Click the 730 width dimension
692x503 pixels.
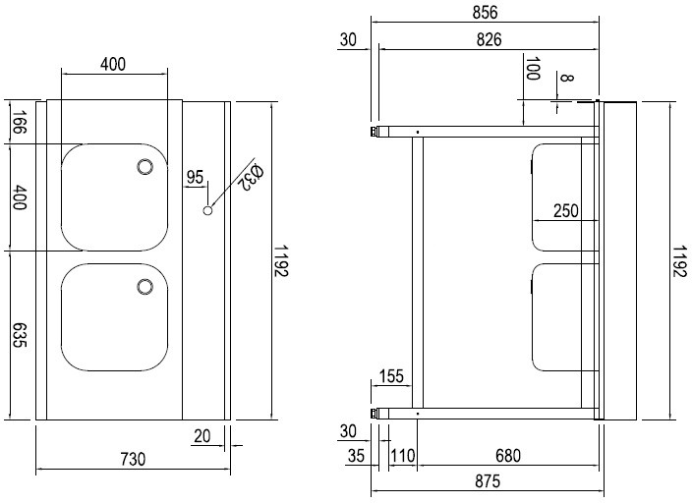coord(132,459)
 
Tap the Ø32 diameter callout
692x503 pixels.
coord(250,177)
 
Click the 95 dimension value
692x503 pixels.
coord(194,178)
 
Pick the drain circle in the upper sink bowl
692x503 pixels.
coord(144,166)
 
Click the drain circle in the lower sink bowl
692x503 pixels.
coord(144,287)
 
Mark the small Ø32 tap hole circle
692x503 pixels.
coord(208,209)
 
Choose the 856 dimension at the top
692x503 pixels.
coord(486,13)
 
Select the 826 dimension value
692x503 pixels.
coord(489,39)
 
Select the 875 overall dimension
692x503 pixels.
coord(487,481)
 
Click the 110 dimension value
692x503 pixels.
coord(401,456)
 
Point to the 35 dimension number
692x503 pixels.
coord(356,456)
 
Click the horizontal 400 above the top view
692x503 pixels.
coord(113,64)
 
